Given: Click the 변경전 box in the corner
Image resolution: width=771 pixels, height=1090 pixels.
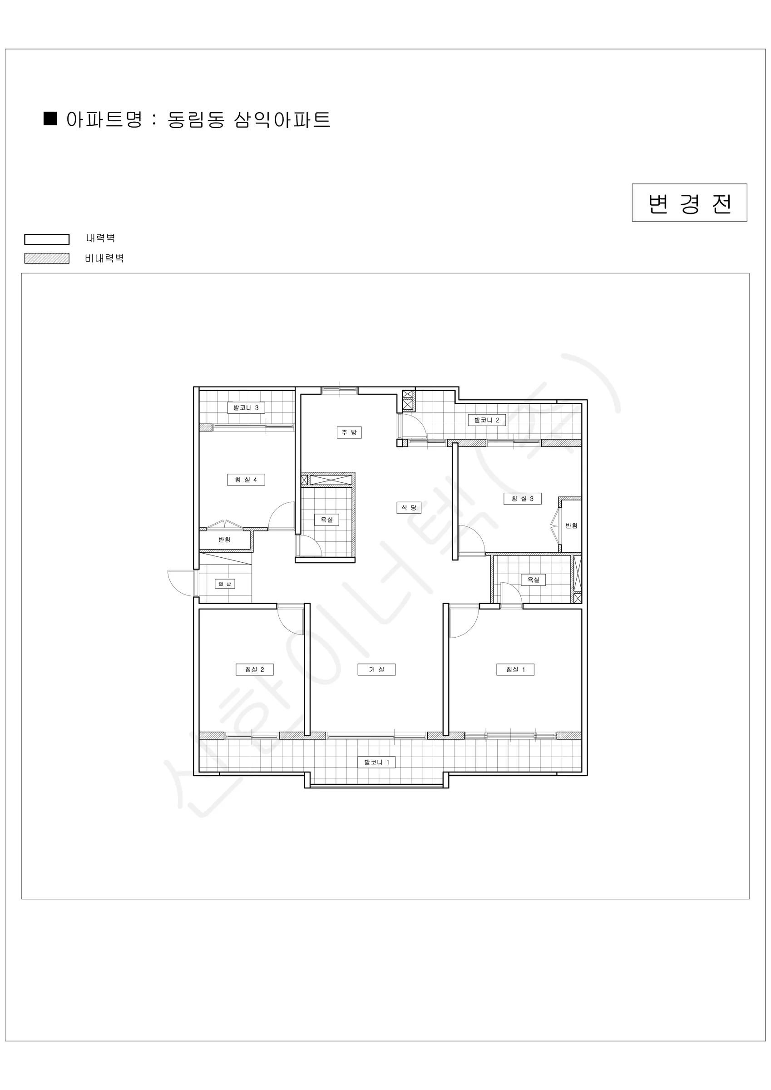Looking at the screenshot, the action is coord(689,203).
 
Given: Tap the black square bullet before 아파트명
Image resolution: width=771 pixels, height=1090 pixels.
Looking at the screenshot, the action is coord(50,119).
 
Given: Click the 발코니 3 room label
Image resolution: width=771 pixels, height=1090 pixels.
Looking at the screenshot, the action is coord(246,408).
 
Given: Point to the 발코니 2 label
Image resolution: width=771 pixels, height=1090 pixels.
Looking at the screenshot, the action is coord(487,420).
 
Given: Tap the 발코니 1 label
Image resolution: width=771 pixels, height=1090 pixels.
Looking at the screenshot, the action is coord(376,763).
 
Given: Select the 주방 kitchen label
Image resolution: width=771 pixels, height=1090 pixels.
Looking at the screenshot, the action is coord(349,432).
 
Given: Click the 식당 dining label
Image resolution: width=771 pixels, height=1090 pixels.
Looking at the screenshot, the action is coord(409,507).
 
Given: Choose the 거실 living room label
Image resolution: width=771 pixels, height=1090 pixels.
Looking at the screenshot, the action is coord(376,669).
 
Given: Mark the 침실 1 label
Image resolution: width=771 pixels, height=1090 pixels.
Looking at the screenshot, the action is coord(515,669).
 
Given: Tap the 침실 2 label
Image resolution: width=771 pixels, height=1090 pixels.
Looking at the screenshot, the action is coord(254,669).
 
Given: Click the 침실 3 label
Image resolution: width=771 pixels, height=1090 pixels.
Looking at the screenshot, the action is coord(522,499).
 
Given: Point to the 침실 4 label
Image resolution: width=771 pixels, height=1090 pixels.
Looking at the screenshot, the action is coord(246,480).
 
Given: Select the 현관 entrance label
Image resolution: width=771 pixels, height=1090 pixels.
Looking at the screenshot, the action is coord(225,584).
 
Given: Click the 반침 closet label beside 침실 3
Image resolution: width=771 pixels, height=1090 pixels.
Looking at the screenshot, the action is coord(572,525).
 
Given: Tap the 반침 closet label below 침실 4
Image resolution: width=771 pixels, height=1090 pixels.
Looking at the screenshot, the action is coord(224,539).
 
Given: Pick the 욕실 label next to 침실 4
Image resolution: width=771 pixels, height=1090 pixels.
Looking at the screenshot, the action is coord(326,520).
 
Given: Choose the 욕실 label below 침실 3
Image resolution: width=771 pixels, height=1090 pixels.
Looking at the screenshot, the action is coord(533,580).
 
